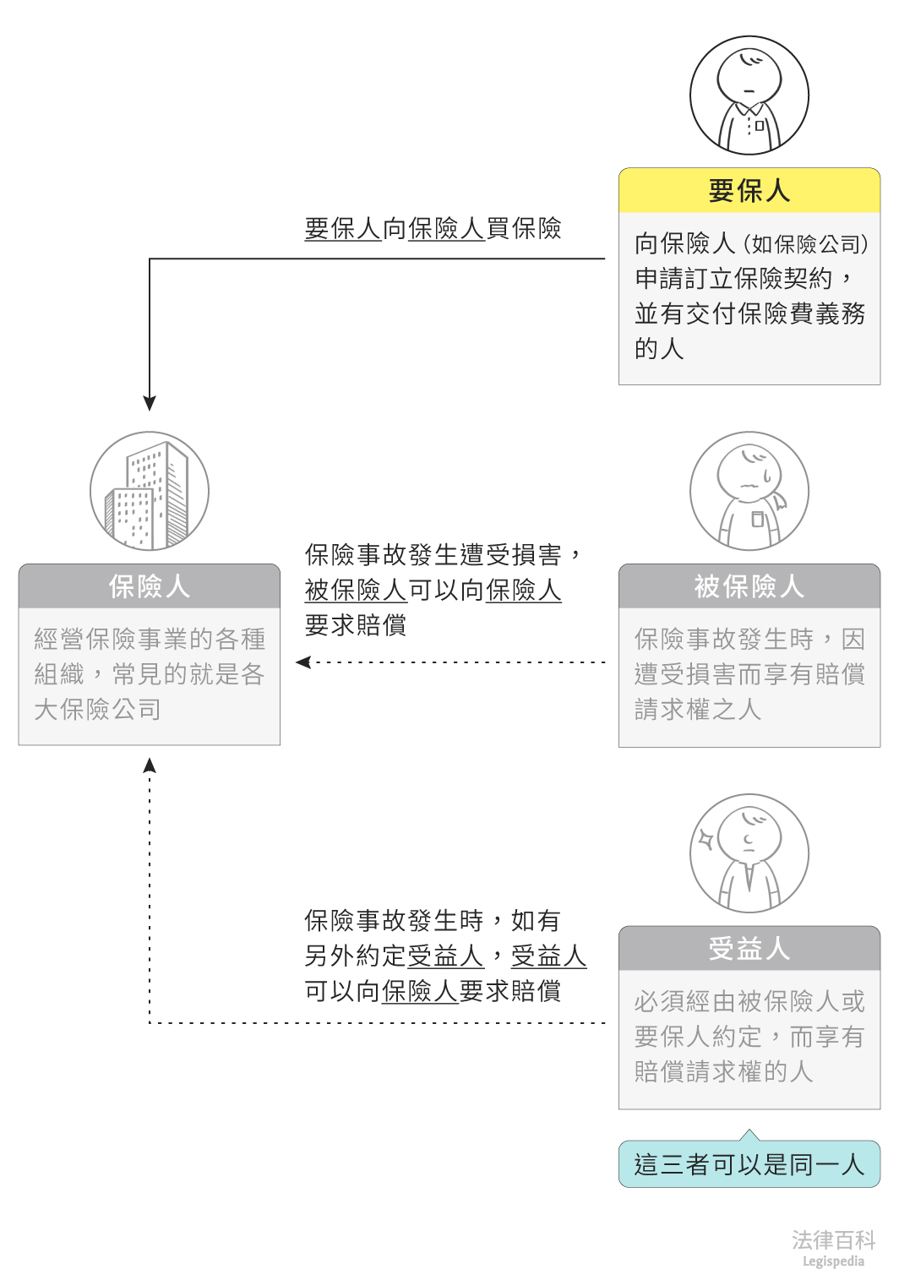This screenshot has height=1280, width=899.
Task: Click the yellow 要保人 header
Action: (x=749, y=191)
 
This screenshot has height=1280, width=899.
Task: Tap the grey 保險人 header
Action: (x=150, y=586)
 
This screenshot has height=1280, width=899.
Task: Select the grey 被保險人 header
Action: (x=749, y=586)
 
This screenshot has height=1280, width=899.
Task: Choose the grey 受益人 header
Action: (x=749, y=948)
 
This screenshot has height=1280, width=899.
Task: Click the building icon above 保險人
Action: (x=150, y=492)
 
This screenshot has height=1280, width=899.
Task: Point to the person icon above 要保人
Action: (x=749, y=95)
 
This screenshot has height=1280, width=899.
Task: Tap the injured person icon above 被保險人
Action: (x=749, y=492)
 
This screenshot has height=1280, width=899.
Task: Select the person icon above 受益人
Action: (x=749, y=853)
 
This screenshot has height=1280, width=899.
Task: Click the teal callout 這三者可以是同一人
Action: (x=749, y=1164)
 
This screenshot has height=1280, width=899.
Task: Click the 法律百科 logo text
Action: (x=833, y=1239)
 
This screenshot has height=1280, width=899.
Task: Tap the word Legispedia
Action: (x=833, y=1261)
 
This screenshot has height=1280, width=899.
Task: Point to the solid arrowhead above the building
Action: (x=150, y=403)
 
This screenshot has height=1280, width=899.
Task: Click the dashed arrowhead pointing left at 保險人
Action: (x=303, y=662)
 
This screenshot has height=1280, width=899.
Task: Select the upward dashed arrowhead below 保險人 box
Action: (x=150, y=765)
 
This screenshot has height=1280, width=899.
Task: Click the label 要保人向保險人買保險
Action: (x=433, y=228)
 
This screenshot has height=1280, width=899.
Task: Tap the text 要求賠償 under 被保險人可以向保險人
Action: (x=356, y=625)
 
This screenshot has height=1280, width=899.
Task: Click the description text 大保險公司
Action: (x=97, y=710)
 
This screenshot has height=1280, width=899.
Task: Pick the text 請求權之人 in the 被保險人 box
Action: (x=698, y=710)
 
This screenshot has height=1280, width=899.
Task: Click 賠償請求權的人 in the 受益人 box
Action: (x=723, y=1072)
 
